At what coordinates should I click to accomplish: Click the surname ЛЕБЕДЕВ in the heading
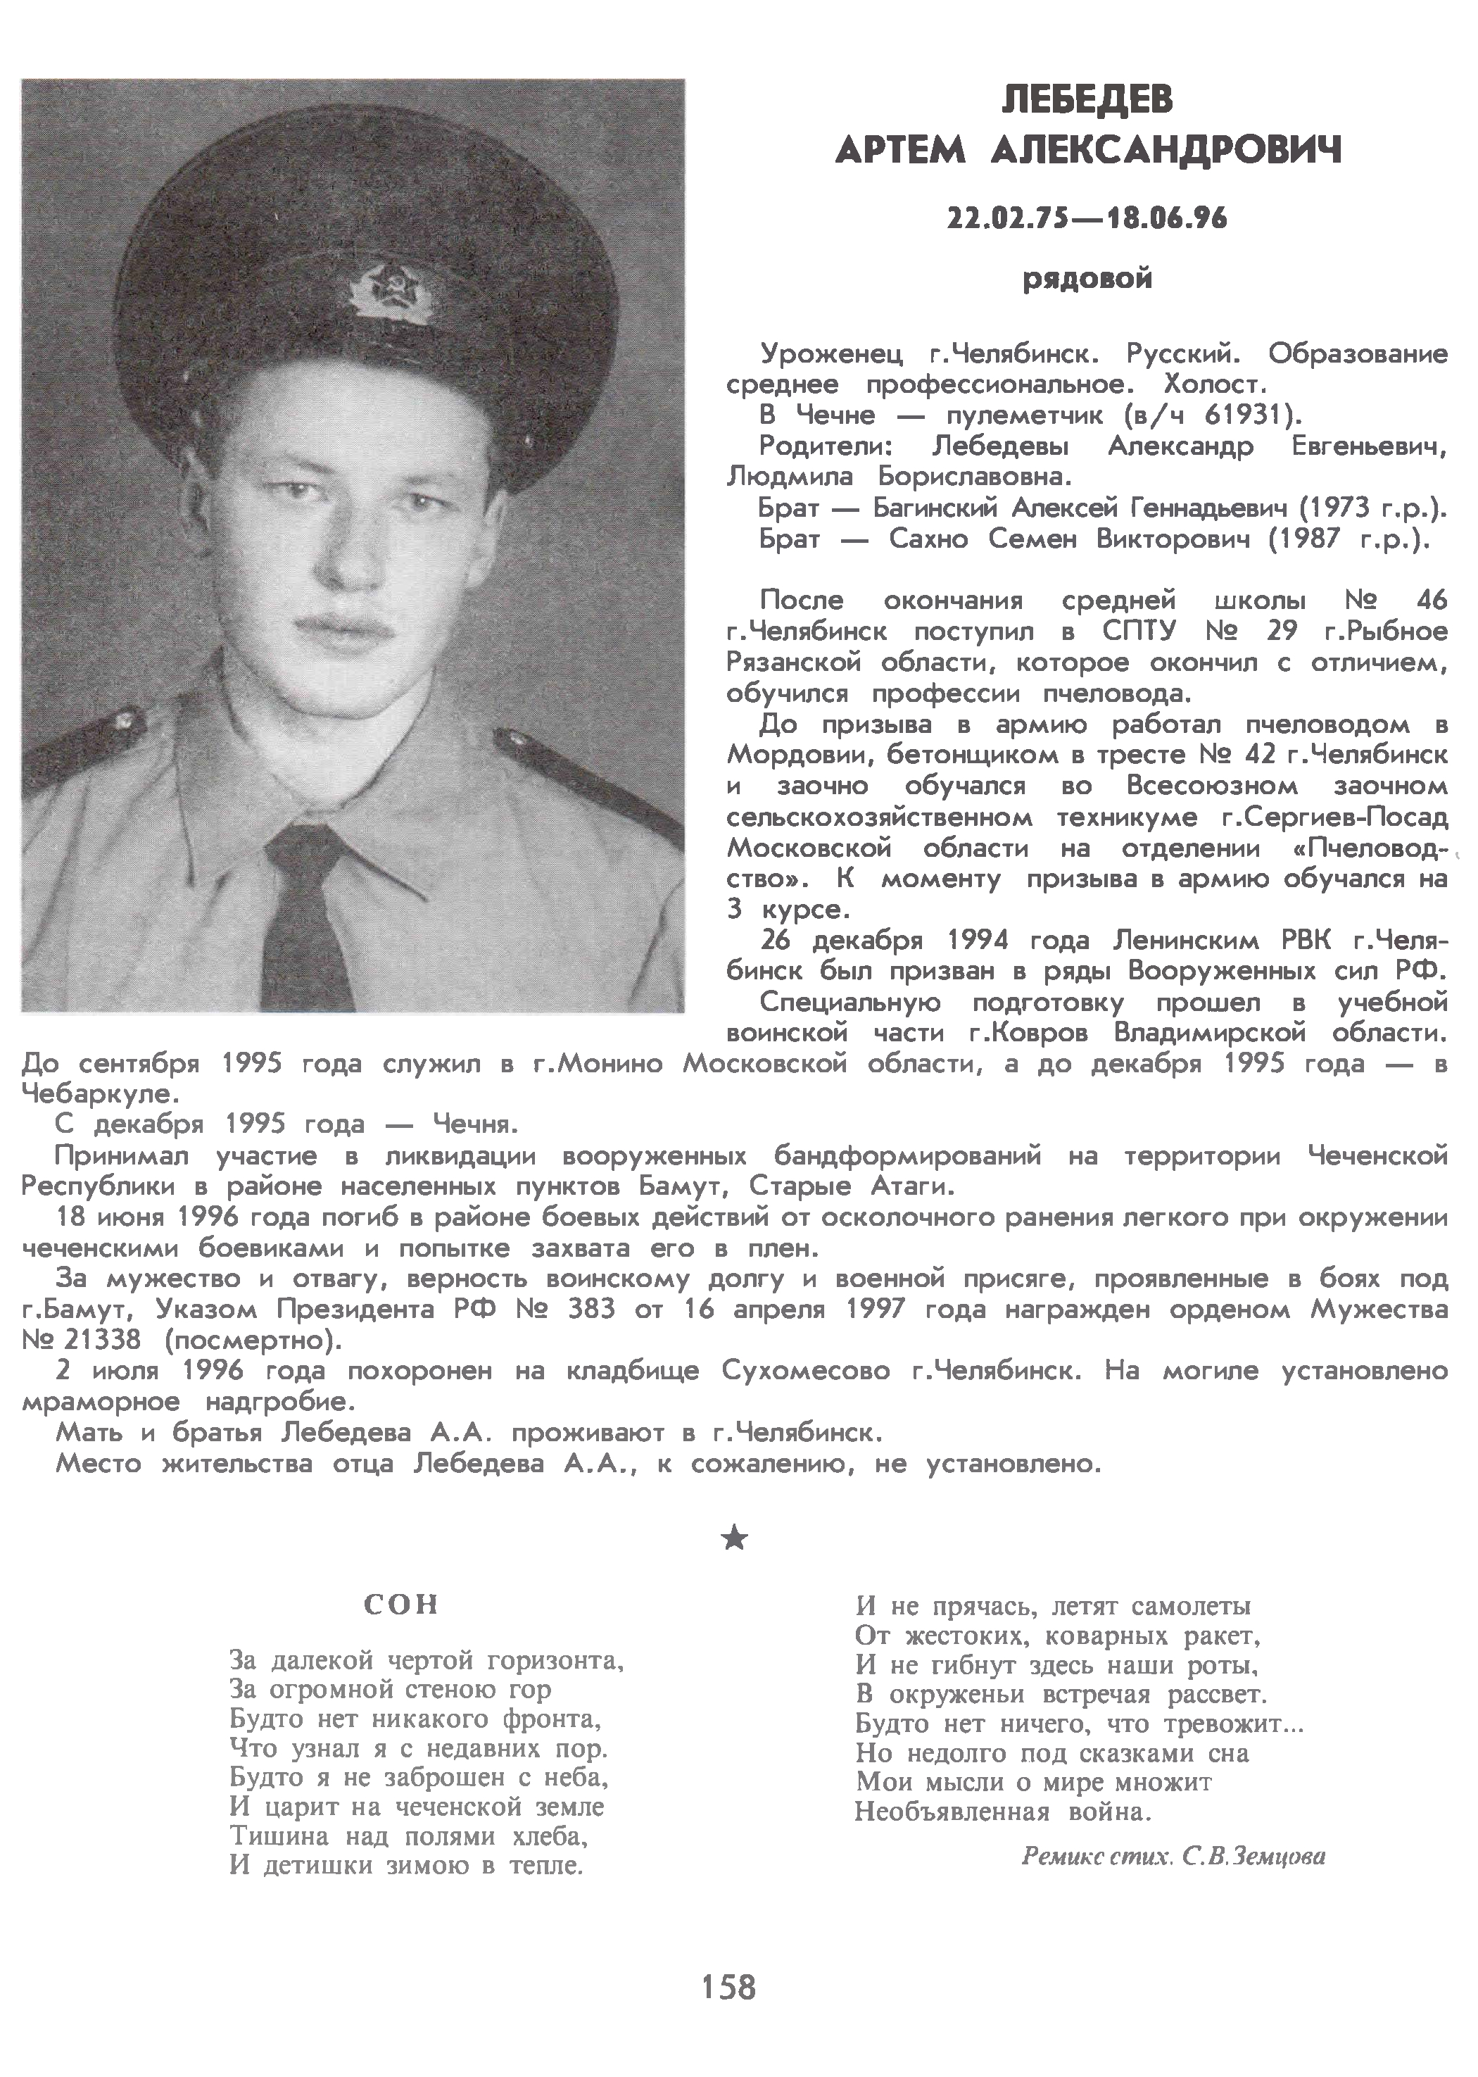point(1087,99)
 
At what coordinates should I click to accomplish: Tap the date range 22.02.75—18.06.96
point(1087,218)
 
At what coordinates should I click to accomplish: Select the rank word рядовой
point(1087,277)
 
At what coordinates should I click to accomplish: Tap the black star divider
point(735,1538)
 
